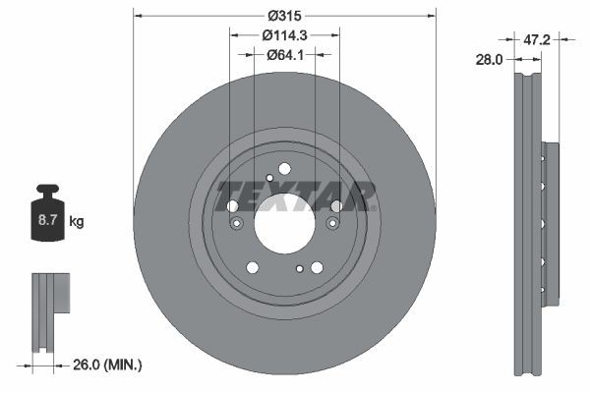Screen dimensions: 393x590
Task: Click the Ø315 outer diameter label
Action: coord(285,16)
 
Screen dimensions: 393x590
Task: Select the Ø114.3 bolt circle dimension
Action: coord(285,34)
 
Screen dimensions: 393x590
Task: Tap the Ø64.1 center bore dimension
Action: coord(285,54)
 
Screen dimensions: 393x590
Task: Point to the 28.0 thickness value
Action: coord(489,59)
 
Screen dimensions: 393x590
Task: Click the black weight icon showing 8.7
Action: coord(47,217)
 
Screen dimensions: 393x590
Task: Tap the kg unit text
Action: coord(77,222)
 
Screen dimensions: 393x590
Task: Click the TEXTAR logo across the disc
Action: coord(296,196)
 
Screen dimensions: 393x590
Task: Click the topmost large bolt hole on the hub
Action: coord(284,169)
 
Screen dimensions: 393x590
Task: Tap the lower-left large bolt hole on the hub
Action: coord(253,267)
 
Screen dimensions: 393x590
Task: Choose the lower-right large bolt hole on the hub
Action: coord(317,267)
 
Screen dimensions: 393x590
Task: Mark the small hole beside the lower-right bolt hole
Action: coord(300,267)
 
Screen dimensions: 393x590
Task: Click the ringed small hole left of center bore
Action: coord(236,224)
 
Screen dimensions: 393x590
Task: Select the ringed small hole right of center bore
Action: coord(332,224)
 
